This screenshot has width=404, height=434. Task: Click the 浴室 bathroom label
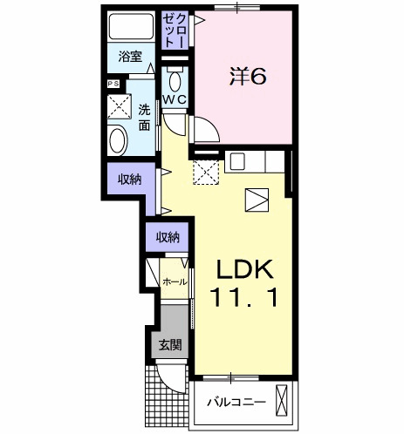(130, 57)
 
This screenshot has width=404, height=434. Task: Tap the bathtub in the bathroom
(132, 26)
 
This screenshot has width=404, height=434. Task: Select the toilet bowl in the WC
(175, 82)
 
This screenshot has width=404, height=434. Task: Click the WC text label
(175, 100)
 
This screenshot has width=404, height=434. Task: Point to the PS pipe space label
(113, 84)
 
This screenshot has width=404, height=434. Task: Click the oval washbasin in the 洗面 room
(118, 140)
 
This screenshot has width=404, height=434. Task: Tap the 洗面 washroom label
(144, 118)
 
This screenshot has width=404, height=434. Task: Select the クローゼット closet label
(174, 31)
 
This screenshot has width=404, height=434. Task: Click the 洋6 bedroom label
(248, 77)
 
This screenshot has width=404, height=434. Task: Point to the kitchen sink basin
(238, 161)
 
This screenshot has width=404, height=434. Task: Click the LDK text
(244, 269)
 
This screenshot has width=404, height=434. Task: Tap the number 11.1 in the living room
(245, 297)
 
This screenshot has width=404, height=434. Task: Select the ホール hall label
(175, 281)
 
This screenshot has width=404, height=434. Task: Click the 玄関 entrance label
(170, 345)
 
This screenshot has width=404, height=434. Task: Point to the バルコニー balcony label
(236, 403)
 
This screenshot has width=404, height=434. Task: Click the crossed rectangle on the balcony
(282, 401)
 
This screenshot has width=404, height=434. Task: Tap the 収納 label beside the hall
(168, 238)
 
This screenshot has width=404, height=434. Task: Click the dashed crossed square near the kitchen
(206, 173)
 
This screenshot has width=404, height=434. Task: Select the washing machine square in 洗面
(120, 106)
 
